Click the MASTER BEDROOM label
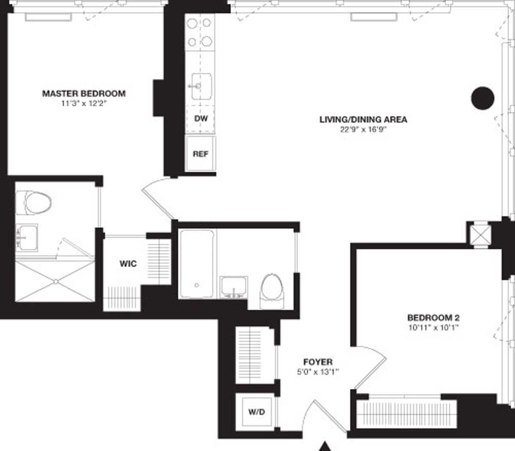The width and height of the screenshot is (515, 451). [84, 93]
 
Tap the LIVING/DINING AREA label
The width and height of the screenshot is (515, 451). [363, 119]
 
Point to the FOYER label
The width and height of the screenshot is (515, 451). [318, 362]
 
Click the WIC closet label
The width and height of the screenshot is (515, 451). [128, 263]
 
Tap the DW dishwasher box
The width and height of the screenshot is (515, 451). [200, 118]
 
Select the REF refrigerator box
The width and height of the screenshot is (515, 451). [200, 154]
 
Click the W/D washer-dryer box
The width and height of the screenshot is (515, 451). [257, 412]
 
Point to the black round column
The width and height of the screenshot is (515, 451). [483, 98]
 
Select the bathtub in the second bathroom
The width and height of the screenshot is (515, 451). [197, 264]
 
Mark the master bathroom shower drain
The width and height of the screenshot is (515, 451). [56, 281]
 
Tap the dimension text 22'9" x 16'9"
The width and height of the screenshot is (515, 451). [363, 130]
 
